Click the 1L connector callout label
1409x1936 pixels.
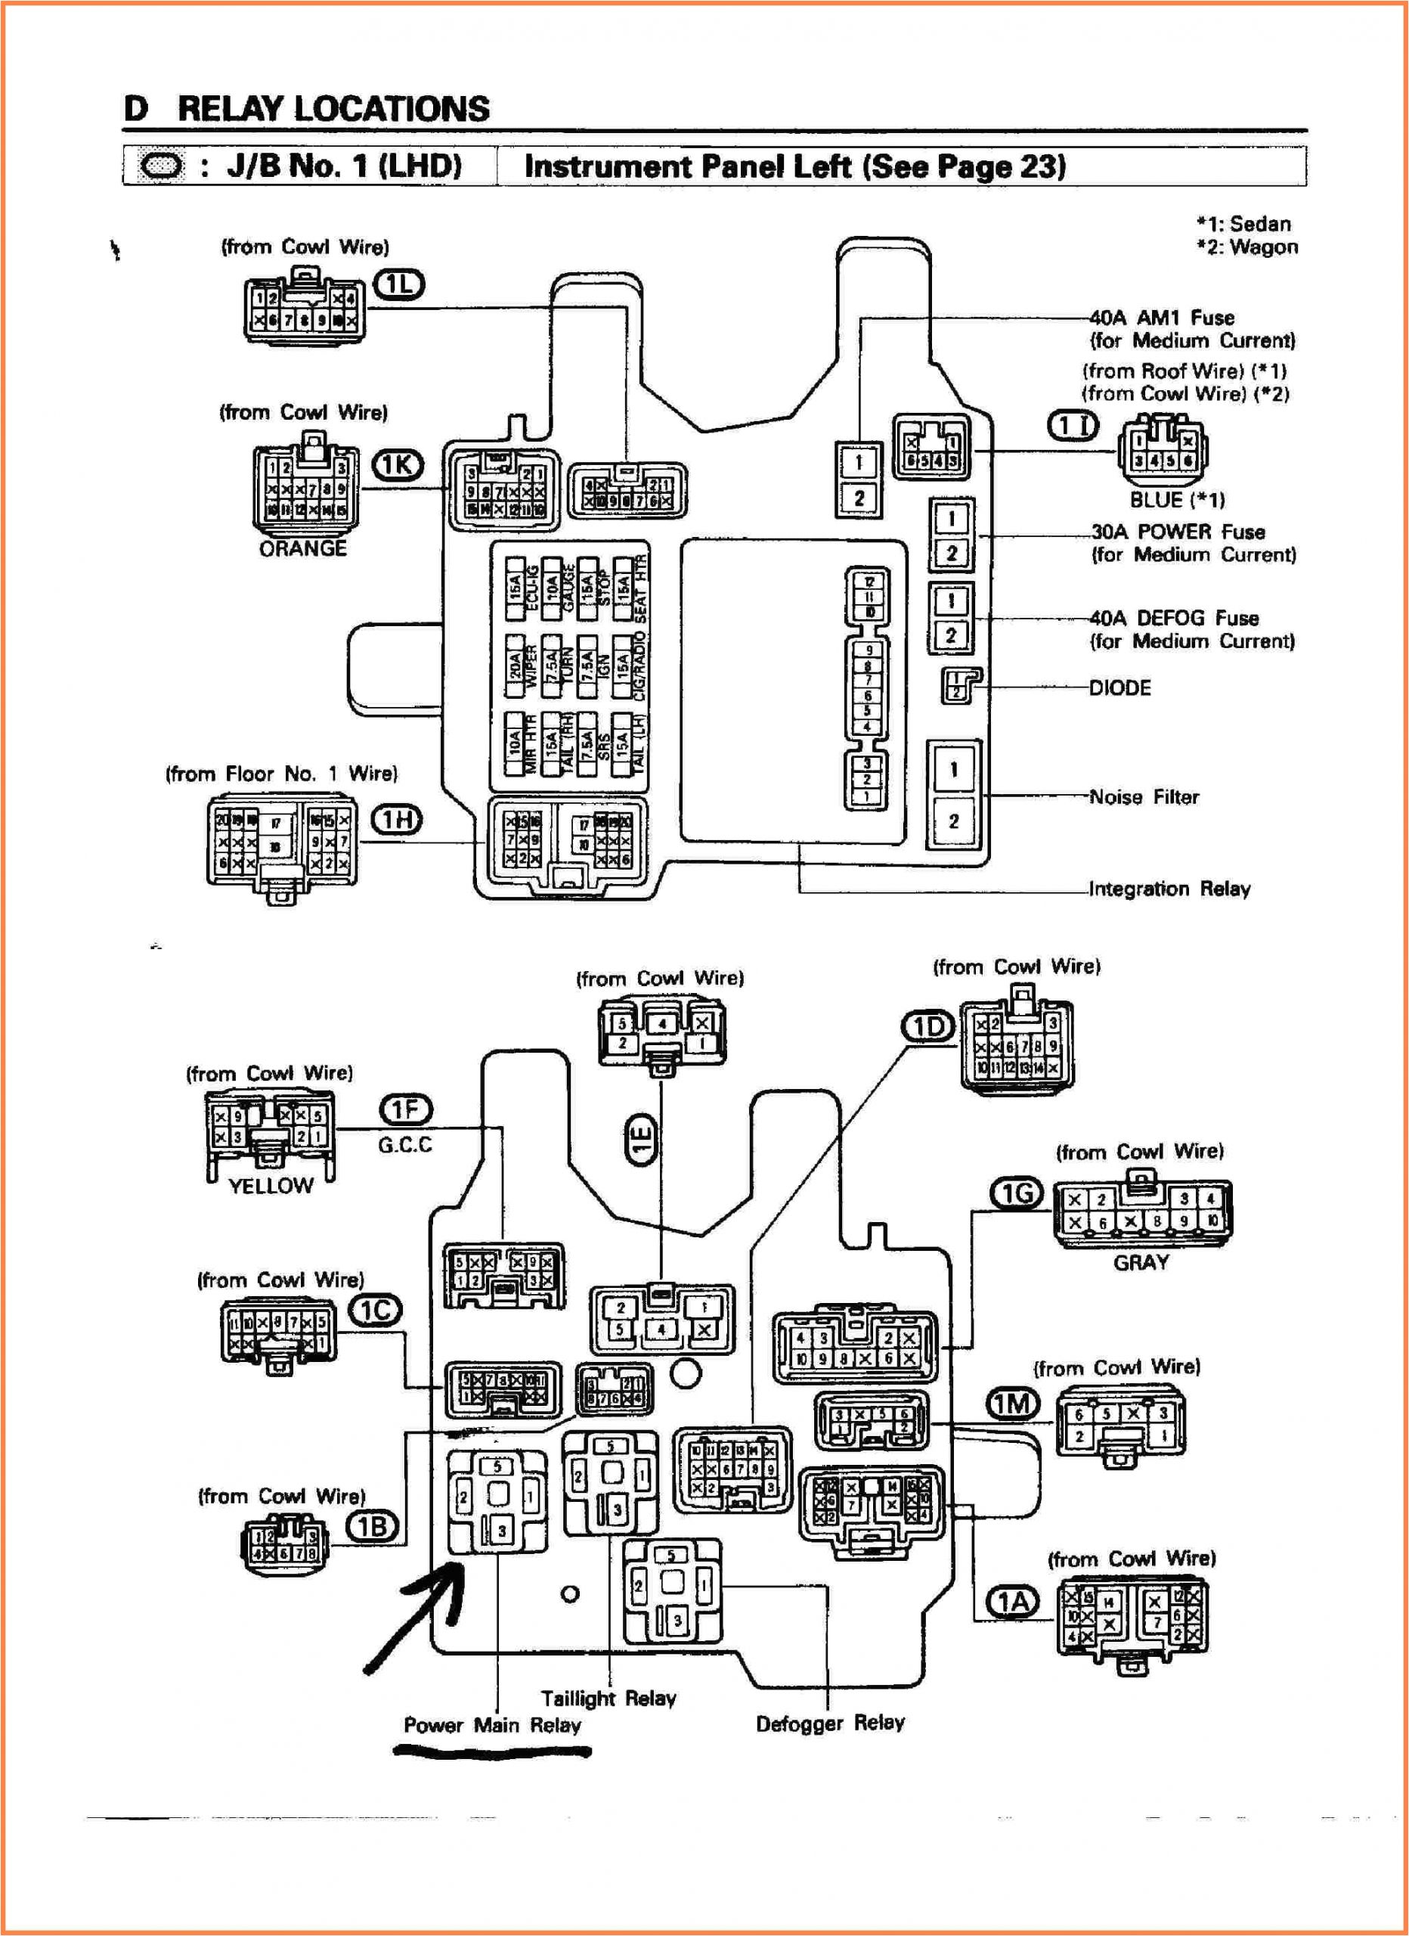[x=399, y=284]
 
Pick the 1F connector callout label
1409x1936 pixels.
[x=405, y=1109]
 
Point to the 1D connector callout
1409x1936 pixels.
[x=928, y=1027]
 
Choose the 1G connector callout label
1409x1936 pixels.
[x=1017, y=1193]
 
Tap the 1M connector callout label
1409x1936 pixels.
[x=1013, y=1404]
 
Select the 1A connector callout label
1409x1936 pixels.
[x=1013, y=1602]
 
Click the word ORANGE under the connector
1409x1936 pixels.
[x=303, y=548]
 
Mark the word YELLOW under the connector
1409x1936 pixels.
[x=271, y=1185]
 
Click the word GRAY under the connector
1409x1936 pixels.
[x=1141, y=1261]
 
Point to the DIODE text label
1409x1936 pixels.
[x=1119, y=688]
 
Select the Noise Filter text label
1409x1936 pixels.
[x=1144, y=796]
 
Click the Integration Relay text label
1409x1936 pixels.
[x=1169, y=889]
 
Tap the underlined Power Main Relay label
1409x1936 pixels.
[x=492, y=1725]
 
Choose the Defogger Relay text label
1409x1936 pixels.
[x=829, y=1723]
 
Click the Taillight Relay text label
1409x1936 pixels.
[x=609, y=1698]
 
